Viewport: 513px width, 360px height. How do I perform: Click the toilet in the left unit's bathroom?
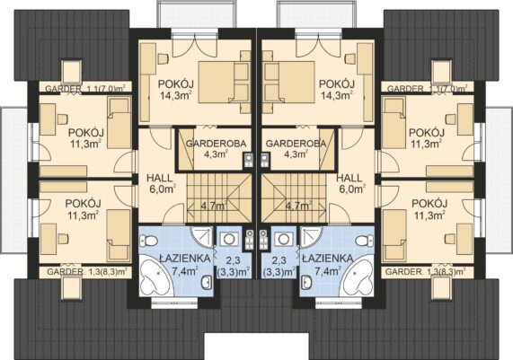point(148,241)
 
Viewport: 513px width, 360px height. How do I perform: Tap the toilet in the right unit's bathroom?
point(365,241)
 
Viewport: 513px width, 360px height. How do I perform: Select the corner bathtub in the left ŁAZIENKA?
point(155,279)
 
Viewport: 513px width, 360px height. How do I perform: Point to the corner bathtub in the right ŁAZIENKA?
point(358,279)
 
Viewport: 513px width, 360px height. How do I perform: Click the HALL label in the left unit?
point(159,179)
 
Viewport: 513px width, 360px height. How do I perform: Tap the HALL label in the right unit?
point(349,179)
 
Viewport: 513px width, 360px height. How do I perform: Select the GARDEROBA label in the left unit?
point(216,144)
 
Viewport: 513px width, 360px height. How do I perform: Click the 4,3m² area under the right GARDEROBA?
point(296,154)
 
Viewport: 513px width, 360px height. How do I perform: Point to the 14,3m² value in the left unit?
point(176,95)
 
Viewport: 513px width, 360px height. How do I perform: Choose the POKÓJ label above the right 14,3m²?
point(337,84)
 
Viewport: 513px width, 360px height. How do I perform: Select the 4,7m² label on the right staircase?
point(298,206)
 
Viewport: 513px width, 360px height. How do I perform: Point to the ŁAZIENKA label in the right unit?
point(328,259)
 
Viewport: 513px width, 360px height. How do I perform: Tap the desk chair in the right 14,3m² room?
point(350,59)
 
